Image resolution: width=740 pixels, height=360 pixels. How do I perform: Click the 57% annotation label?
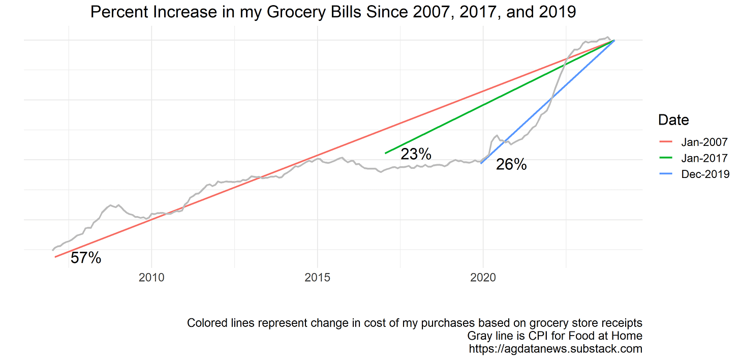point(86,258)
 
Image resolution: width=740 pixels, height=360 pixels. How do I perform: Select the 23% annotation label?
point(416,154)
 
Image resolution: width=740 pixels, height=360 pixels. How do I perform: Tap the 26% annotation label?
point(511,165)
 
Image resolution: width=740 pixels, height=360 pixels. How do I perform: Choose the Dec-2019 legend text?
point(705,174)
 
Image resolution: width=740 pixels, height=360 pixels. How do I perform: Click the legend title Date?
point(673,120)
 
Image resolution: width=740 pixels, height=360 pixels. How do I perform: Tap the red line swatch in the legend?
point(665,142)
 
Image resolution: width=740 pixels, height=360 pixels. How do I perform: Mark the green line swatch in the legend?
point(665,158)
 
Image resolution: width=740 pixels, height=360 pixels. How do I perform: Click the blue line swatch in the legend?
point(665,174)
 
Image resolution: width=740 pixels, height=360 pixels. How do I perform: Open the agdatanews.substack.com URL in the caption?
point(556,349)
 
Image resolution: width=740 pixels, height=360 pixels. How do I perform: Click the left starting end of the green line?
point(386,153)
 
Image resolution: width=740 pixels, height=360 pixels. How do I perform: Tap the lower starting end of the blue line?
point(481,164)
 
